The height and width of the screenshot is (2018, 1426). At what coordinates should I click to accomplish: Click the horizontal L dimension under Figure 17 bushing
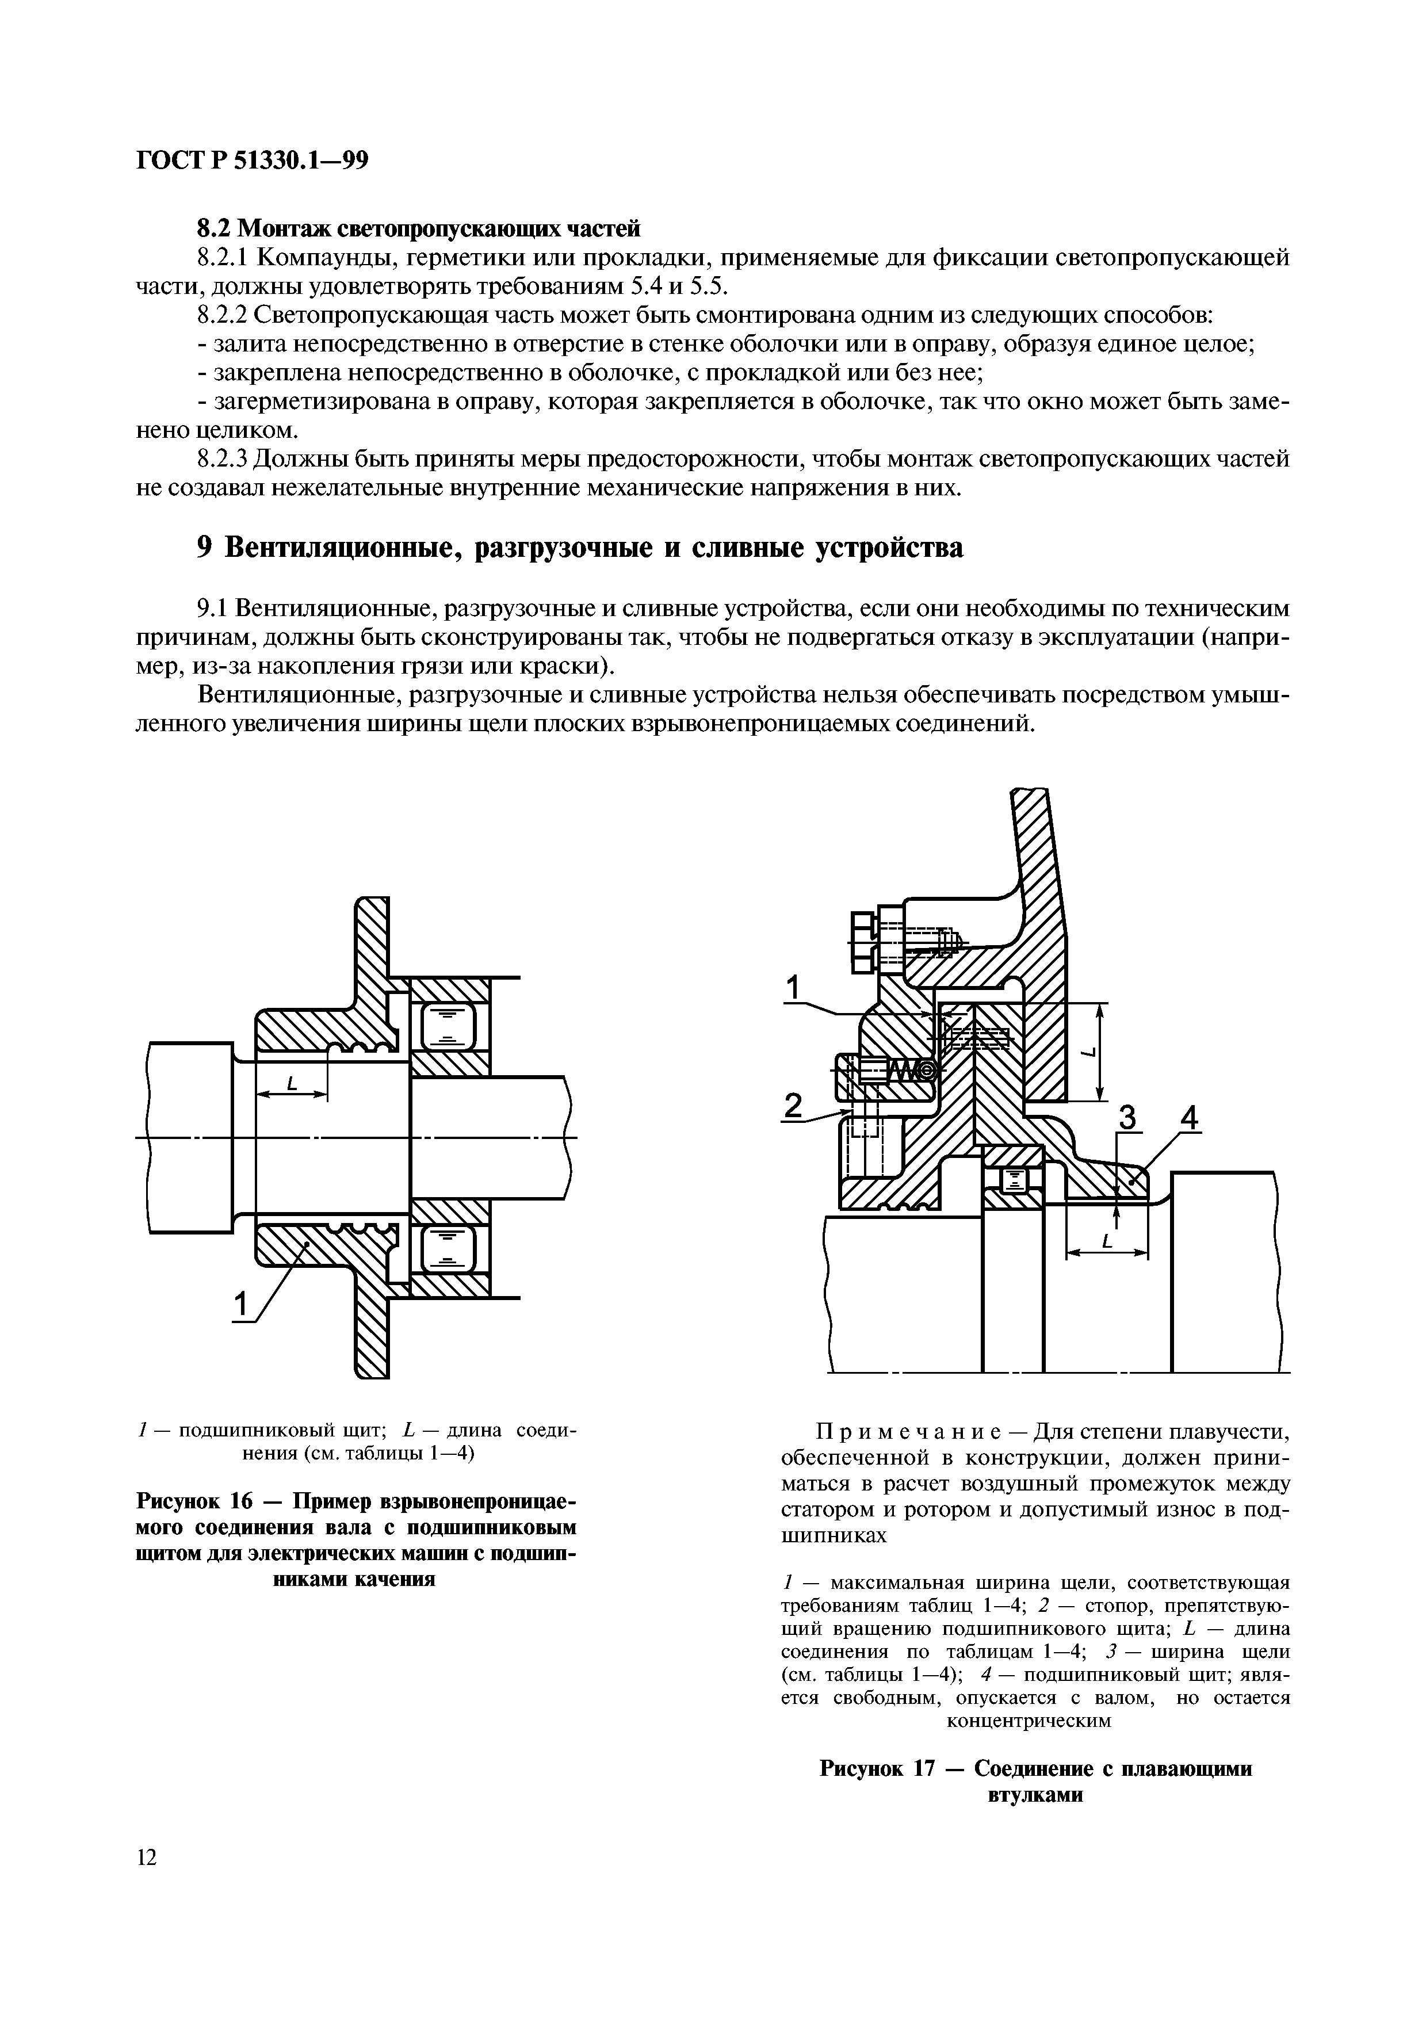click(x=1106, y=1241)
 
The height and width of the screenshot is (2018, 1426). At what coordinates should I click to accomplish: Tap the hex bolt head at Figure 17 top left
click(x=863, y=941)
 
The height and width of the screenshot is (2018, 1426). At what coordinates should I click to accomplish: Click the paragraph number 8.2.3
click(x=224, y=459)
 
